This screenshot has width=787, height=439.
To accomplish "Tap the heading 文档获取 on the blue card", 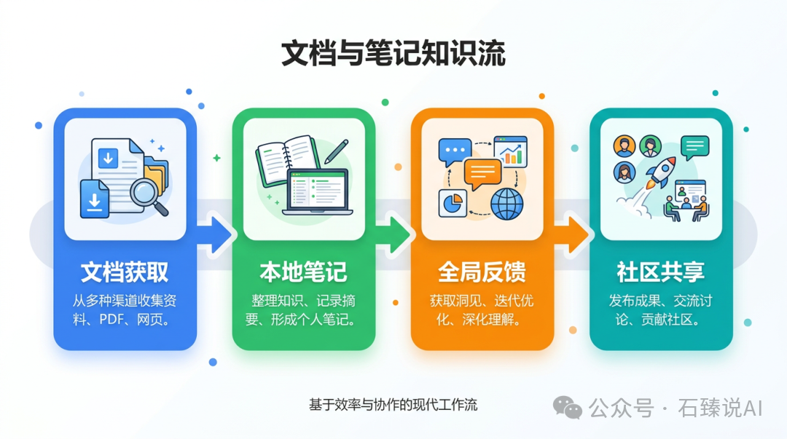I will click(125, 272).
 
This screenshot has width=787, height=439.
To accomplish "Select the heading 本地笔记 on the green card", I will click(303, 272).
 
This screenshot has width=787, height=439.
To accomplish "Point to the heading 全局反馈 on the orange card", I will click(482, 272).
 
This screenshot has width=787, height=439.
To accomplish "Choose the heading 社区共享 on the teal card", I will click(660, 272).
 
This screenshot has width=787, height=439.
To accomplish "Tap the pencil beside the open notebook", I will click(335, 151).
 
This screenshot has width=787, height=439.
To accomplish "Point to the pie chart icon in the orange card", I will click(453, 202).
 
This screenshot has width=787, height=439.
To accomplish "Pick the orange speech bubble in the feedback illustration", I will click(482, 173).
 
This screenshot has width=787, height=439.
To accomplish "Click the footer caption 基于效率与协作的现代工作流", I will click(393, 405).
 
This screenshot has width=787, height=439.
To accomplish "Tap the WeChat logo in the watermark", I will click(567, 408).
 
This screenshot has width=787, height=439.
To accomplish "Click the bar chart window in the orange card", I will click(510, 150).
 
